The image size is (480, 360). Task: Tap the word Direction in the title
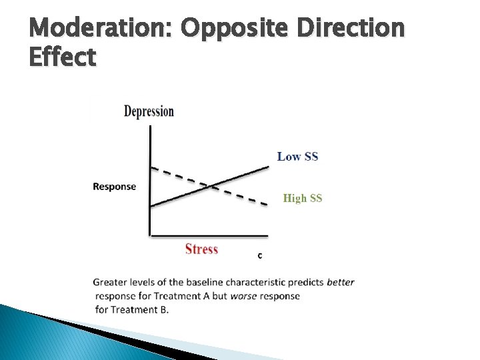click(351, 29)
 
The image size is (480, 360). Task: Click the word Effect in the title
click(63, 58)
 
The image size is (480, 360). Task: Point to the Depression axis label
click(149, 111)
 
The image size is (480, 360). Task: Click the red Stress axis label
click(201, 249)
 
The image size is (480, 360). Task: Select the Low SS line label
click(297, 157)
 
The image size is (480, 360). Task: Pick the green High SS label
click(303, 198)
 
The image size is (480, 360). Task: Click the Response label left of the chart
click(114, 187)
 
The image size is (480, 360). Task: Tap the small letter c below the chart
click(259, 255)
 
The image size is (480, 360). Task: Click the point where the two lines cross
click(210, 185)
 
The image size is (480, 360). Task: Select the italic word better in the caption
click(341, 282)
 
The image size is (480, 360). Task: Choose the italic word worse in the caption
click(244, 295)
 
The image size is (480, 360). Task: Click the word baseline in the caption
click(209, 282)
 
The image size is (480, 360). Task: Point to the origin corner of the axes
click(150, 235)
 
